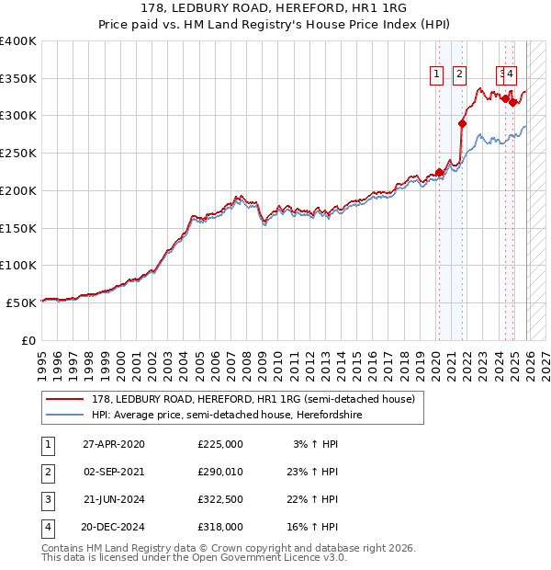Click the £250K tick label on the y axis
[18, 153]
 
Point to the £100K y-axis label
[18, 265]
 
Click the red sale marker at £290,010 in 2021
[462, 123]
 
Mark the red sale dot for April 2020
[440, 172]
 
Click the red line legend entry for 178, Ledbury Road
[253, 399]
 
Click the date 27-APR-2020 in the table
[114, 444]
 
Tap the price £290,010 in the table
[220, 472]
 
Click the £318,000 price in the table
[220, 527]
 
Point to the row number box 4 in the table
[46, 527]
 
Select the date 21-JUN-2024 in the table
[114, 499]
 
